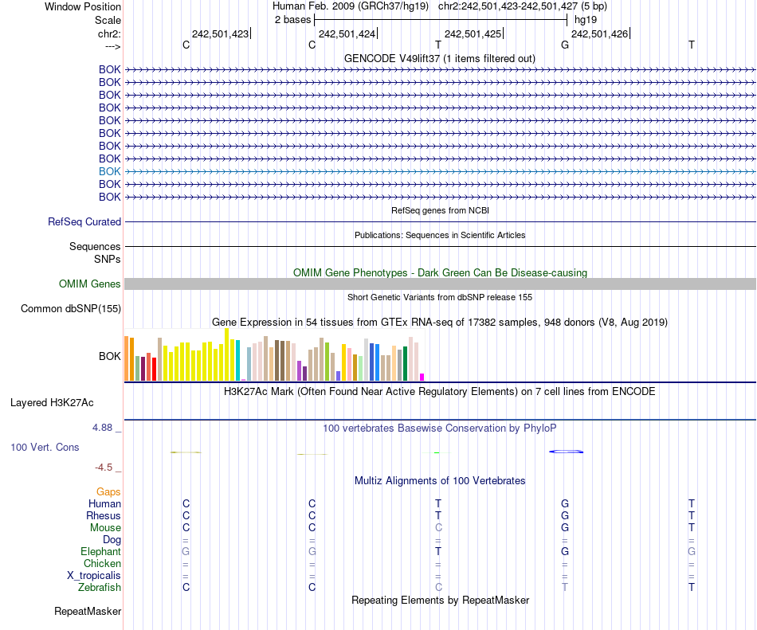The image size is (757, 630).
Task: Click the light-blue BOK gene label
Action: point(110,171)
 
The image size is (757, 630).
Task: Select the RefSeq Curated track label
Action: point(84,222)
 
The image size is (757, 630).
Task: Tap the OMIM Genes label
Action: point(90,284)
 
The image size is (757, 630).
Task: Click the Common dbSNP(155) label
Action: point(71,309)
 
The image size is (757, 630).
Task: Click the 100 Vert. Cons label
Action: point(45,447)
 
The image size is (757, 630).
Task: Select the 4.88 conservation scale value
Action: point(104,428)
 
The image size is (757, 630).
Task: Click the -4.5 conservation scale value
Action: point(107,468)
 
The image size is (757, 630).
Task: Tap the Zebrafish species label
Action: point(100,587)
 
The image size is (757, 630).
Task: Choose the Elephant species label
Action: point(100,551)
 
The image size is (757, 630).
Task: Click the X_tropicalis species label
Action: point(94,575)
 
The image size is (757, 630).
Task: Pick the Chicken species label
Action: point(102,563)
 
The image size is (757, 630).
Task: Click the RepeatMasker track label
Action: point(88,612)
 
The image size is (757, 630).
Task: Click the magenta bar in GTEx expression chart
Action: point(422,377)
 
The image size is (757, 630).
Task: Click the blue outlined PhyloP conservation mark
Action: point(567,452)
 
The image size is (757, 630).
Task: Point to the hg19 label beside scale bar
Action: point(586,19)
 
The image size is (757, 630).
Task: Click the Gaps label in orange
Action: point(108,492)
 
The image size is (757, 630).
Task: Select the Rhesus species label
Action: point(104,515)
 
